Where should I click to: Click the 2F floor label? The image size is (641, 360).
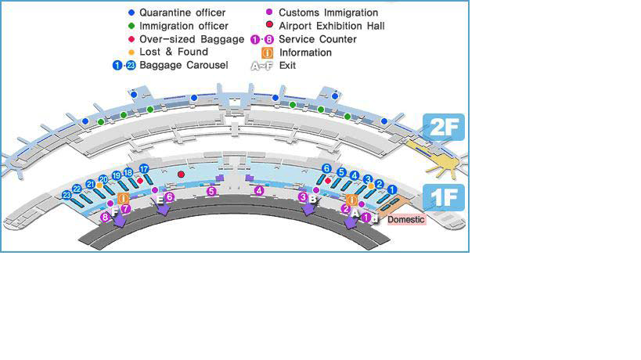444,127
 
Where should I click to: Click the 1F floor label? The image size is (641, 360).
444,198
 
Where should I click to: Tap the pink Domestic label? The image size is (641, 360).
406,219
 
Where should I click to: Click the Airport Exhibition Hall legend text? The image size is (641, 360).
331,26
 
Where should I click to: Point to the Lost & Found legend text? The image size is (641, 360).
173,52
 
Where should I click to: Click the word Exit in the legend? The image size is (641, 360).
287,66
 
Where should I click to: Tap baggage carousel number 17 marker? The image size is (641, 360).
143,168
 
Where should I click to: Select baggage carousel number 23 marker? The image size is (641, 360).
67,195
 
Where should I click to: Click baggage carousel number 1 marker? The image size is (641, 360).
393,189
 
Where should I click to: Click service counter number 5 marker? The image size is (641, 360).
211,190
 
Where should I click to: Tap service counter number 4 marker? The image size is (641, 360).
259,190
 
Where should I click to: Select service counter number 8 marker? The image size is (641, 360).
105,217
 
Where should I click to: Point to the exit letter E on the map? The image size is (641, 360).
160,200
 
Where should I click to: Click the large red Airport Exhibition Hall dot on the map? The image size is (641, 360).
181,174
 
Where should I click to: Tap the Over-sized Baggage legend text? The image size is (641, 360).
191,39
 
